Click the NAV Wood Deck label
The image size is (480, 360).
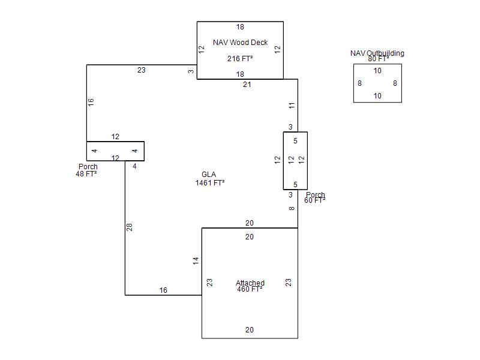pos(240,43)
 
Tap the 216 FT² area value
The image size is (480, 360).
pos(240,59)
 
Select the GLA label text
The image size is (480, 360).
pos(209,175)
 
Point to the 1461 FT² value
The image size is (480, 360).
pos(209,183)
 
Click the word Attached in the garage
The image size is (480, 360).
pos(250,283)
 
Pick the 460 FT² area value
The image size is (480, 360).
pos(250,290)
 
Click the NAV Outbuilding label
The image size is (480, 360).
pos(377,53)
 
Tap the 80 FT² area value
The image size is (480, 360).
pos(378,59)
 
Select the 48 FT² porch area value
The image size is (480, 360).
pos(87,174)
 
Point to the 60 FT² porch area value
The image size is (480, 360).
pos(314,200)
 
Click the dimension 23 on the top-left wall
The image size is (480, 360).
pos(141,70)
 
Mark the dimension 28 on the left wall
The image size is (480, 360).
pos(129,227)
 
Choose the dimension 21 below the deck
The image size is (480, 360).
pos(247,85)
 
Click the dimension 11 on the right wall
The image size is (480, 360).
pos(292,106)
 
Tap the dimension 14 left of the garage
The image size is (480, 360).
pos(196,261)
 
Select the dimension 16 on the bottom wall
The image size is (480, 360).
pos(163,290)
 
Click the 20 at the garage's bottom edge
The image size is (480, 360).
pos(250,330)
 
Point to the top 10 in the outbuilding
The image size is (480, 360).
pos(377,71)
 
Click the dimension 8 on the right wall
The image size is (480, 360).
pos(292,209)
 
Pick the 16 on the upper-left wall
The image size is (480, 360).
pos(91,102)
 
